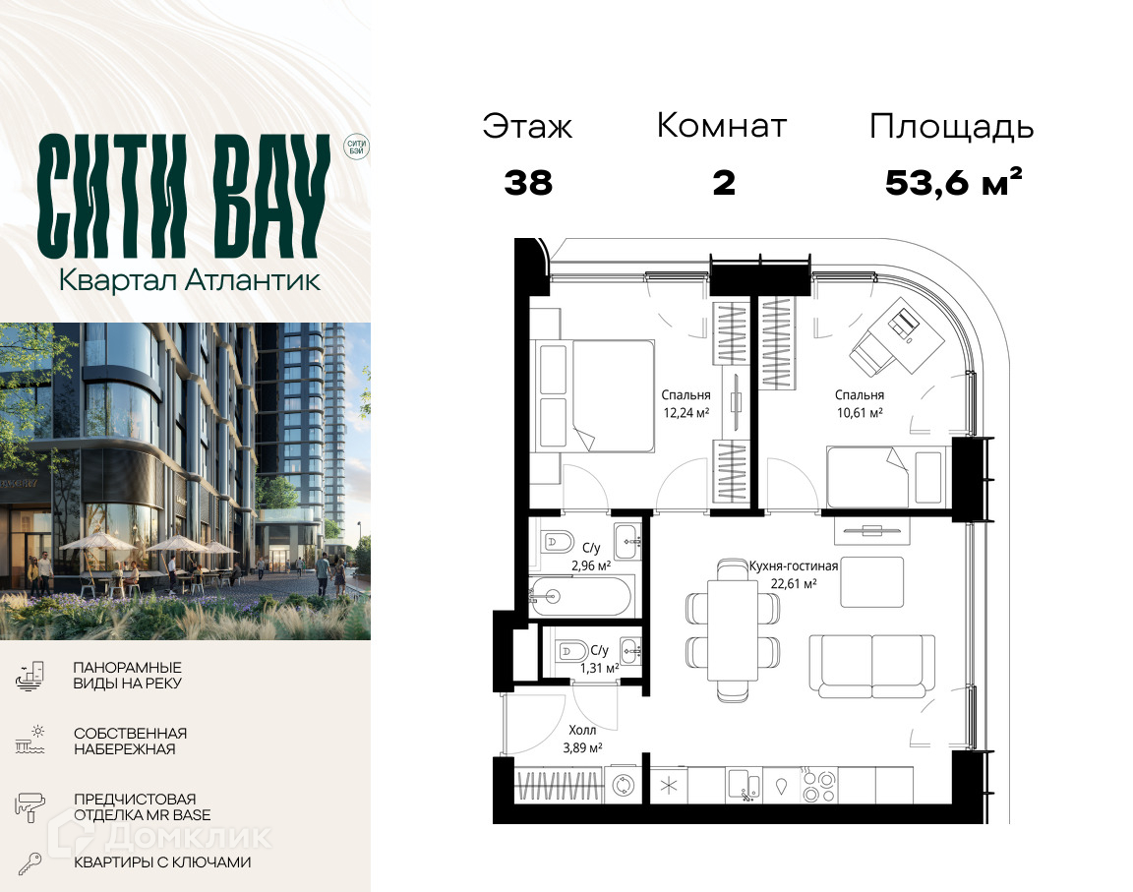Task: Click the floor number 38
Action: [x=528, y=183]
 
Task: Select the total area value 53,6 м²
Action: [x=954, y=182]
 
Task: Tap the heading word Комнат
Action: [x=721, y=126]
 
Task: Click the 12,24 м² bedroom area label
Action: [x=686, y=413]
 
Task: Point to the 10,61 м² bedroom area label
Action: [x=860, y=413]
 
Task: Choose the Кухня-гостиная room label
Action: [x=794, y=566]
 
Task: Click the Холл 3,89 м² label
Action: [x=582, y=739]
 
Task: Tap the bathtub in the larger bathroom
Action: [x=581, y=596]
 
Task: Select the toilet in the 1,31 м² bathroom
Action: [x=571, y=651]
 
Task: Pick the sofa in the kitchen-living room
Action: [x=872, y=665]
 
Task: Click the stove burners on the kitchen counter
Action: [x=819, y=786]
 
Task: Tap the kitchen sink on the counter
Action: [x=743, y=786]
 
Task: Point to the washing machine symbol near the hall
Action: [x=623, y=785]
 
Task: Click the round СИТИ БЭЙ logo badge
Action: [x=356, y=148]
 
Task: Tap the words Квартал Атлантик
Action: [x=189, y=280]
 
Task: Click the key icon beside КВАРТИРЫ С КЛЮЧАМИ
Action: [x=30, y=863]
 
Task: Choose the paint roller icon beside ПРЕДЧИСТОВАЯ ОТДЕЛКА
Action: [x=30, y=806]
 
